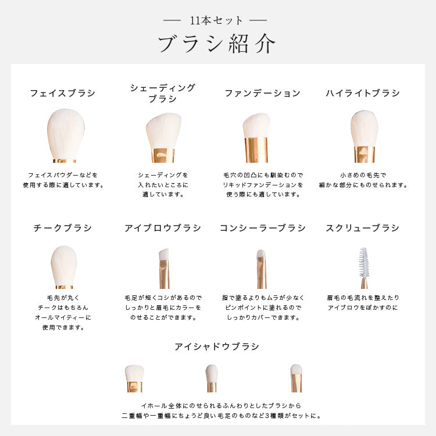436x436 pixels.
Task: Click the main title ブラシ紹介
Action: [x=217, y=44]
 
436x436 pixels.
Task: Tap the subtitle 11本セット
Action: [x=216, y=20]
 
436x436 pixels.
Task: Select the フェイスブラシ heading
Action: [x=63, y=93]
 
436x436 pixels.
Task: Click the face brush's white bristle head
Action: [x=66, y=134]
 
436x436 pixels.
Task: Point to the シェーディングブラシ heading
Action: [x=163, y=93]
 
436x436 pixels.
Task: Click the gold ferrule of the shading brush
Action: [x=163, y=155]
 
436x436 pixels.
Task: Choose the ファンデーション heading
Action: [x=263, y=93]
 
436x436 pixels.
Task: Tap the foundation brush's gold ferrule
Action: [x=256, y=150]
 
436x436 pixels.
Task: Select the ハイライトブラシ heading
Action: [x=363, y=93]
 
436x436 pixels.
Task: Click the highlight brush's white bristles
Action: [x=364, y=128]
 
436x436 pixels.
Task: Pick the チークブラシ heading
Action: [x=63, y=228]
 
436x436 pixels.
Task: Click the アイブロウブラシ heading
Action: [x=163, y=228]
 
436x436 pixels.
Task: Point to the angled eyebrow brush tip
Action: [x=164, y=254]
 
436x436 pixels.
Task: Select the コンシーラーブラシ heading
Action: [x=263, y=228]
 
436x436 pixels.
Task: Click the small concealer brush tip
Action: [x=260, y=253]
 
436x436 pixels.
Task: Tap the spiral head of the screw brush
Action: [x=363, y=262]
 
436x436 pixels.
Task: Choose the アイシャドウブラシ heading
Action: [x=217, y=346]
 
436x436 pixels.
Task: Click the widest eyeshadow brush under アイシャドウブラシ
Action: [x=135, y=378]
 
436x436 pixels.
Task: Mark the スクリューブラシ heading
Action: [x=363, y=228]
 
